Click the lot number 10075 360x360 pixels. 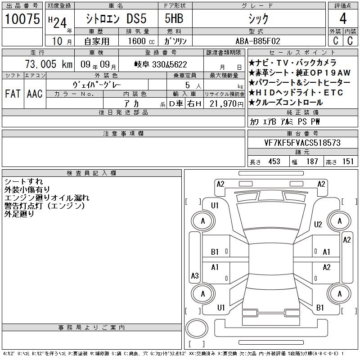click(22, 19)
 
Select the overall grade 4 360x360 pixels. click(343, 18)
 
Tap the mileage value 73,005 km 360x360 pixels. click(49, 64)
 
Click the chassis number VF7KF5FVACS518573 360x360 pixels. click(302, 143)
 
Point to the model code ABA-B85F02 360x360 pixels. click(258, 41)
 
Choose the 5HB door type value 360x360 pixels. click(174, 18)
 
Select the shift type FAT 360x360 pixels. click(13, 94)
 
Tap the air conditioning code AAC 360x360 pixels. click(35, 94)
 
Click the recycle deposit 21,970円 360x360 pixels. click(227, 104)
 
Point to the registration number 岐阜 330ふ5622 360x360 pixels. click(161, 64)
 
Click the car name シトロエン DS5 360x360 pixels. click(116, 18)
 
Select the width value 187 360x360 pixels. click(312, 162)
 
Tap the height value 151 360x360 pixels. click(348, 162)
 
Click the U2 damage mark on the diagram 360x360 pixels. click(318, 224)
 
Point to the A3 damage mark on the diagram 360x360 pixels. click(195, 275)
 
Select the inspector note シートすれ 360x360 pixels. click(24, 182)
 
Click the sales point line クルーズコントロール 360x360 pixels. click(286, 103)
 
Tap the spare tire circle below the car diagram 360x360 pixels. click(197, 328)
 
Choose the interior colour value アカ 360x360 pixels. click(132, 104)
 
